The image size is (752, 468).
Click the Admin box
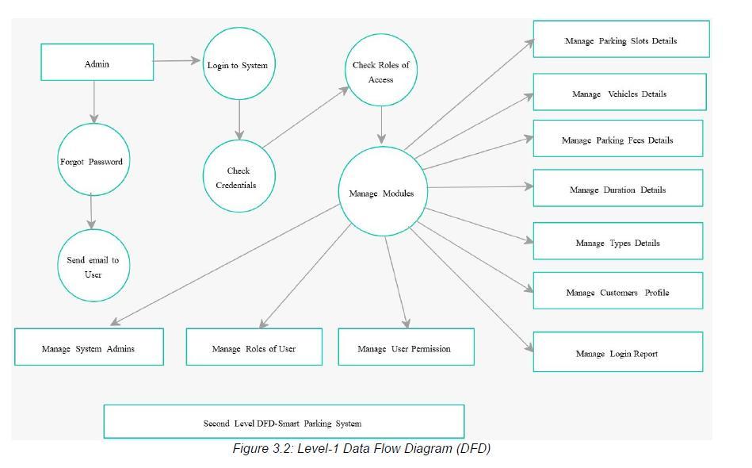click(x=97, y=63)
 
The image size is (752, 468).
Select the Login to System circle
click(x=239, y=63)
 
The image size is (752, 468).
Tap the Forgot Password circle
click(x=94, y=159)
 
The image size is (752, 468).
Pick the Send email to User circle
click(x=94, y=266)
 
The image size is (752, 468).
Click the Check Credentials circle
click(x=239, y=176)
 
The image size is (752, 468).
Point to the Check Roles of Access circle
click(x=381, y=70)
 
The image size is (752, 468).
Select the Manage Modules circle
click(x=383, y=191)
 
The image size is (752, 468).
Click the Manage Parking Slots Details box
click(x=621, y=39)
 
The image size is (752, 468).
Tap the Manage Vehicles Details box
click(x=620, y=92)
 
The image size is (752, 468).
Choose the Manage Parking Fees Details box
click(x=618, y=138)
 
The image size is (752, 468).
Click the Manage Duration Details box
click(x=618, y=188)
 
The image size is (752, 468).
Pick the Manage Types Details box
click(x=618, y=241)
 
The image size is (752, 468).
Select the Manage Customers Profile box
click(x=618, y=290)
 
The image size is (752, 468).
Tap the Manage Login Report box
click(x=618, y=352)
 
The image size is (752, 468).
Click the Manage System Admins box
click(x=90, y=347)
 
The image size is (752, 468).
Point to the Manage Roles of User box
click(x=254, y=347)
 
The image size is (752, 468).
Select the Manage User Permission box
click(x=407, y=347)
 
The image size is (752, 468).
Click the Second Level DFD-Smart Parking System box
click(x=284, y=421)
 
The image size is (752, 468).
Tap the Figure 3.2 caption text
click(x=361, y=448)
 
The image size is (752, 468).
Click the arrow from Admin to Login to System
click(x=177, y=60)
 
